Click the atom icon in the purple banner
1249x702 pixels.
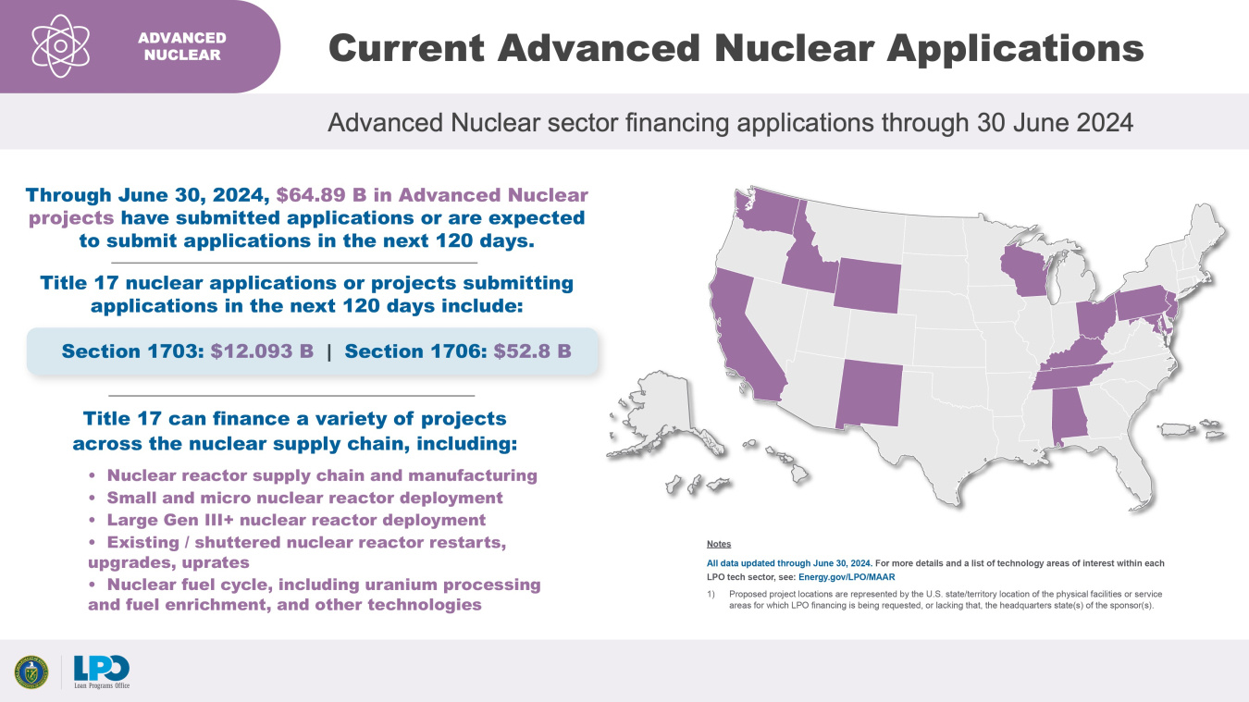tap(60, 45)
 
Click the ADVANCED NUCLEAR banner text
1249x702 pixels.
tap(182, 46)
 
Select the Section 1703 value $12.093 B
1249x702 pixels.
tap(262, 351)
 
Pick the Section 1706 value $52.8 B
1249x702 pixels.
tap(532, 351)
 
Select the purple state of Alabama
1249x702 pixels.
tap(1069, 416)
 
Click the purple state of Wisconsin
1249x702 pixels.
tap(1027, 264)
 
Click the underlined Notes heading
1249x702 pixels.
tap(718, 544)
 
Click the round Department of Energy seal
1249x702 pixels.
tap(31, 671)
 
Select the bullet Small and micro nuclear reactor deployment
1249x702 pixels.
tap(304, 498)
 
